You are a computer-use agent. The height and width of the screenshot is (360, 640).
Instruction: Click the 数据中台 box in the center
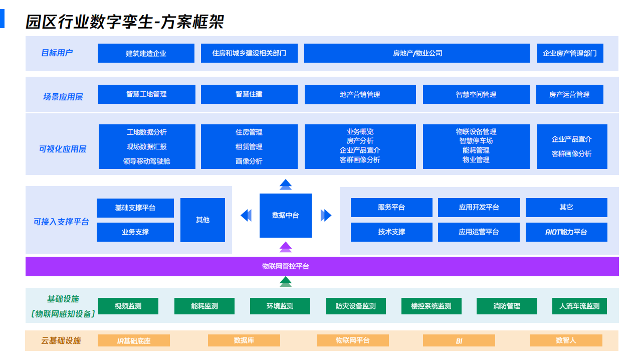(285, 216)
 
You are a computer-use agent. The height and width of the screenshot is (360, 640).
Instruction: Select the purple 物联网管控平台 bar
(322, 266)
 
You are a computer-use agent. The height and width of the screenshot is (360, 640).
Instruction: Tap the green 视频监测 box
(128, 306)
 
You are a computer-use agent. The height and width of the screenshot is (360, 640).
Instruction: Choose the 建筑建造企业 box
(146, 53)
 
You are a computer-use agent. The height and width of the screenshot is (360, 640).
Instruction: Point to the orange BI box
(459, 341)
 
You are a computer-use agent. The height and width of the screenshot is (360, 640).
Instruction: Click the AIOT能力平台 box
(566, 232)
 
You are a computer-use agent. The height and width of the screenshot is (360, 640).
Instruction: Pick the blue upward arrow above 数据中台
(286, 185)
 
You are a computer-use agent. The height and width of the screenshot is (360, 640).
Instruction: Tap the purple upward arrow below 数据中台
(286, 247)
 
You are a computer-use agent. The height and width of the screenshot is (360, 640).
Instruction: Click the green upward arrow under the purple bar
(286, 282)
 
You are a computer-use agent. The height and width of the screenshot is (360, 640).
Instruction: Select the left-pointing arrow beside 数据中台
(246, 215)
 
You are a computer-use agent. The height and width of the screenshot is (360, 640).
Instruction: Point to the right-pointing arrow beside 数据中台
(326, 215)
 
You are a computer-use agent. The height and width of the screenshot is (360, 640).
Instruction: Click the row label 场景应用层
(63, 97)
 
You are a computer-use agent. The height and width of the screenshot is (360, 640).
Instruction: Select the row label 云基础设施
(61, 341)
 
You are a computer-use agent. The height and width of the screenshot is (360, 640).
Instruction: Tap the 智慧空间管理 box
(476, 94)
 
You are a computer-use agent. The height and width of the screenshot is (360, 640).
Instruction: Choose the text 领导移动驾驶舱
(146, 161)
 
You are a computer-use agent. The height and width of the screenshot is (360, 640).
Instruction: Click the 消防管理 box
(506, 306)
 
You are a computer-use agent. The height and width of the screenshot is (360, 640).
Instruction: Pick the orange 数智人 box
(566, 340)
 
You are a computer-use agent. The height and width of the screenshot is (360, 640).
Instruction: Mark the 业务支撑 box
(135, 232)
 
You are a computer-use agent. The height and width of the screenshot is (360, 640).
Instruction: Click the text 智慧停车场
(476, 141)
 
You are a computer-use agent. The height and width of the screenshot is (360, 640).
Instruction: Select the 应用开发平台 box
(479, 208)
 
